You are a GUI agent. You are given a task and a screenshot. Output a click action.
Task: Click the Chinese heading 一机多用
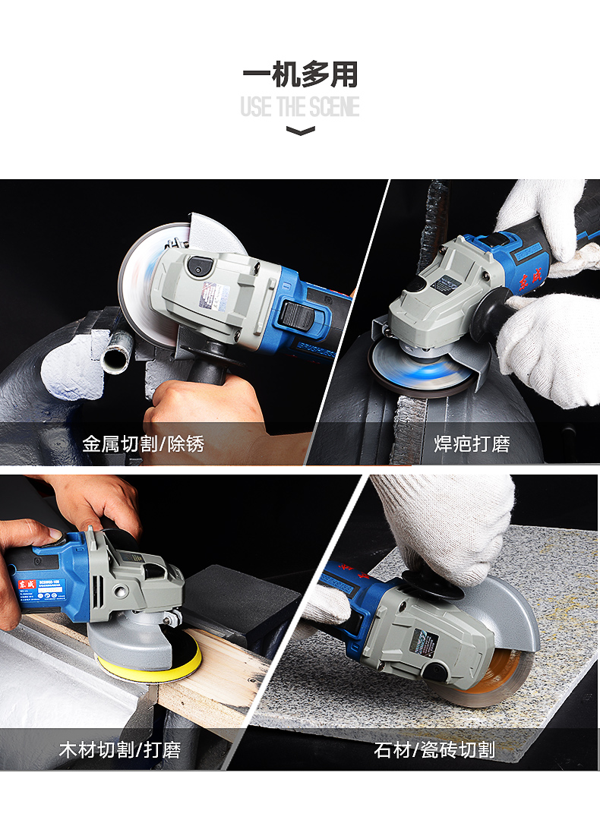click(x=300, y=75)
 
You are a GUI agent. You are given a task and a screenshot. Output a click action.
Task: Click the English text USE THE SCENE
click(x=300, y=107)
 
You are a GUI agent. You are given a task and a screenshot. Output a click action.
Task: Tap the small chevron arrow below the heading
click(x=300, y=131)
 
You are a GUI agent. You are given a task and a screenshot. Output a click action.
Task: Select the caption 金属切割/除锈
click(x=144, y=443)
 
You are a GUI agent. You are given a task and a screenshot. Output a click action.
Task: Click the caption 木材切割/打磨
click(x=121, y=750)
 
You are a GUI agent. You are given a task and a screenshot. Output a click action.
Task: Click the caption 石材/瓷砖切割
click(x=434, y=750)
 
